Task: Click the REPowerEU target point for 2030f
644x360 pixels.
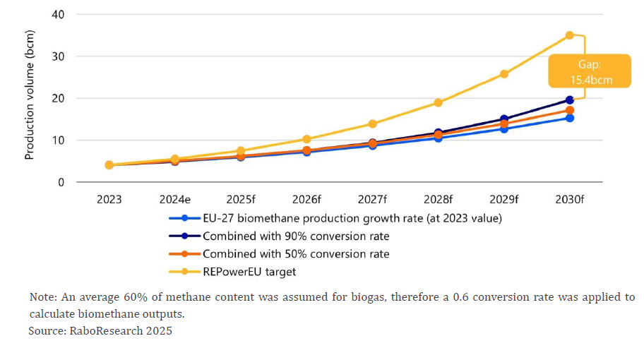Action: (569, 35)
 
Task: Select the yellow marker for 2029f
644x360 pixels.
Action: (504, 73)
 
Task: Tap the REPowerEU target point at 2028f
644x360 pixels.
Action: (438, 102)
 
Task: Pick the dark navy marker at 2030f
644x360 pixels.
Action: (569, 100)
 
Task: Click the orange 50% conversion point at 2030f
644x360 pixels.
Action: (569, 110)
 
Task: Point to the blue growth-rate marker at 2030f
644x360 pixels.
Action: (569, 118)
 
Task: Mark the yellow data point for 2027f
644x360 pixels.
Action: (372, 124)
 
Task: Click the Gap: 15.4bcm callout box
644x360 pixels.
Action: (590, 72)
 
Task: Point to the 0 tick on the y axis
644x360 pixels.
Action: (61, 182)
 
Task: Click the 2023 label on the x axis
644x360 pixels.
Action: (109, 200)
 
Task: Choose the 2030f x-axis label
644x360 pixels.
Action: (569, 200)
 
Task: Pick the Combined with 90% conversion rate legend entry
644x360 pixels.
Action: (295, 236)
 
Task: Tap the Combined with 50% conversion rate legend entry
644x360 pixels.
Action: (295, 253)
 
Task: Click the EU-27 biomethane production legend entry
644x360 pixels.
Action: (352, 218)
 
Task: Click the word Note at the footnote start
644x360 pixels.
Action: (42, 296)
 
